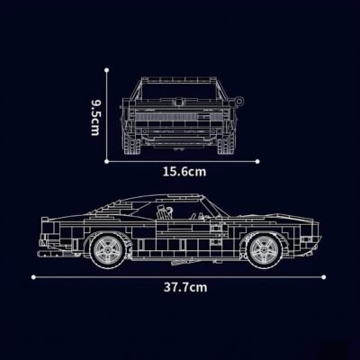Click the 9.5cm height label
pyautogui.click(x=94, y=118)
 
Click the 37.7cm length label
pyautogui.click(x=184, y=288)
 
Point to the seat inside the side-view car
pyautogui.click(x=165, y=212)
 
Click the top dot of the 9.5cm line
pyautogui.click(x=108, y=76)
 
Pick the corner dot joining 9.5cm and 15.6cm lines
pyautogui.click(x=108, y=162)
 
